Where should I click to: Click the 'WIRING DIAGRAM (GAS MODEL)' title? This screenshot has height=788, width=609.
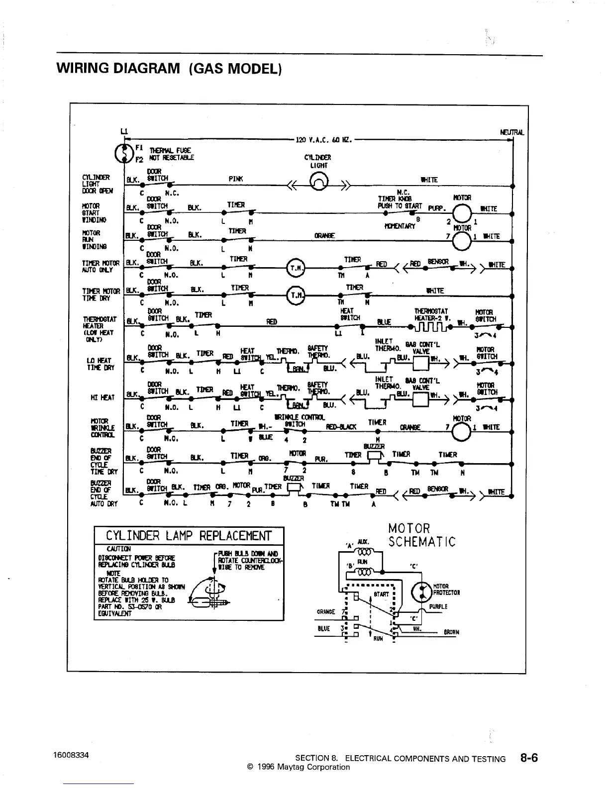170,68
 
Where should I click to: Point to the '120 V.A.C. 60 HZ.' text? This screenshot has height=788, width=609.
324,140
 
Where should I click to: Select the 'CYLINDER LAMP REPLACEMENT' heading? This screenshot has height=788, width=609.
189,536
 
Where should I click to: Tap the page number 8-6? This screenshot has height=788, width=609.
529,758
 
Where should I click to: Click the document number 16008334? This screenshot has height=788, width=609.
71,755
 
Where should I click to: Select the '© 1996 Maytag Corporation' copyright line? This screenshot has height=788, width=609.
298,767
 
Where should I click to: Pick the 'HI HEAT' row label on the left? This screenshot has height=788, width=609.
103,397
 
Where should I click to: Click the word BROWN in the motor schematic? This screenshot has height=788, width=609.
452,632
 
